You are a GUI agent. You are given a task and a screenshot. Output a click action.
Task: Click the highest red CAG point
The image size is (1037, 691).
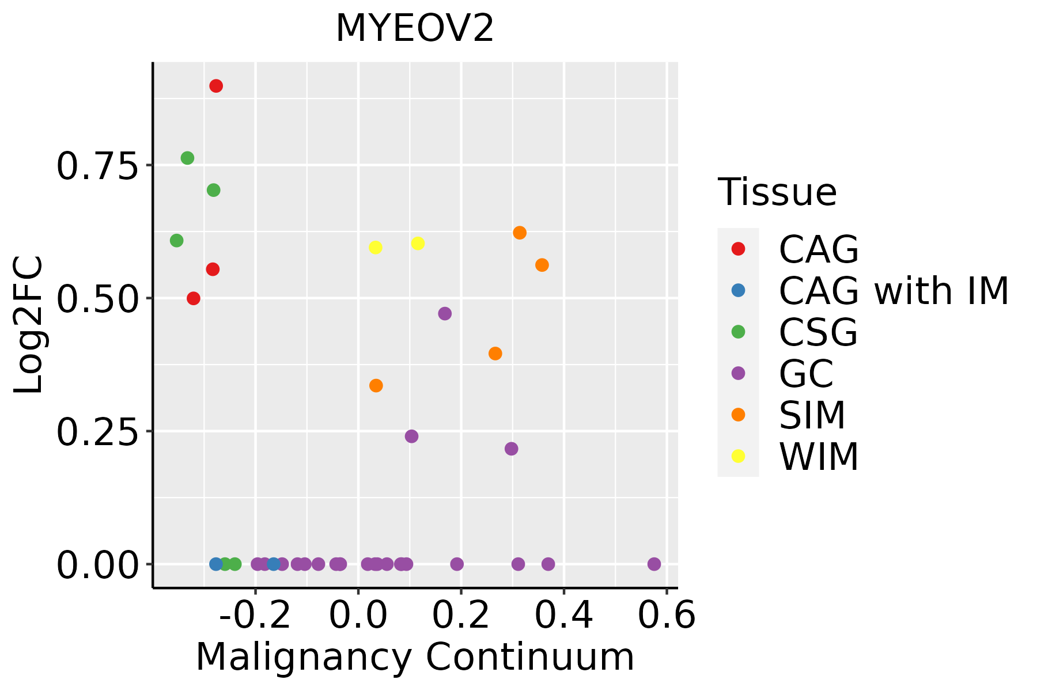tap(216, 86)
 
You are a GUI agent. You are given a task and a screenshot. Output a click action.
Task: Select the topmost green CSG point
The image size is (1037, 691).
tap(187, 158)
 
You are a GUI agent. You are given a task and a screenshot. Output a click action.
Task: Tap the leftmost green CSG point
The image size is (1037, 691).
tap(177, 240)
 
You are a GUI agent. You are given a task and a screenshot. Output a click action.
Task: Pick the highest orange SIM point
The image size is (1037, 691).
tap(520, 233)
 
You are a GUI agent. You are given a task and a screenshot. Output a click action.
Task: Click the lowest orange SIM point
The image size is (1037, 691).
tap(376, 385)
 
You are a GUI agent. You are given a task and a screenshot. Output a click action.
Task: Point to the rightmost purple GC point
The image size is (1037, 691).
tap(654, 564)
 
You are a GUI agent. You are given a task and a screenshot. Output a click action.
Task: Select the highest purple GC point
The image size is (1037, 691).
tap(445, 314)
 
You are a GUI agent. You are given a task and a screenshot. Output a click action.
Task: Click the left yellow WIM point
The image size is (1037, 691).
tap(375, 247)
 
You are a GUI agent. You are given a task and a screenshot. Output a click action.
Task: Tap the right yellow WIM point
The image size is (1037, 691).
tap(418, 244)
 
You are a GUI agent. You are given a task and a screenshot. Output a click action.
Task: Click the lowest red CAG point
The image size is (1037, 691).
tap(194, 298)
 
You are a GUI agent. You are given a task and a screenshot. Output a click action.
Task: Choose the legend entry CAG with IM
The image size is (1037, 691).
tap(893, 291)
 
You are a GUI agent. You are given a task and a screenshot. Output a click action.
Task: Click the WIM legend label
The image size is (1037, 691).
tap(819, 457)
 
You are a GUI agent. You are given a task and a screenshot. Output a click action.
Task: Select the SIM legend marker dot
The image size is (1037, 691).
tap(738, 415)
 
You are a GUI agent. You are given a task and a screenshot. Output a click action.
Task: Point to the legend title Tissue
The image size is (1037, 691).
tap(777, 192)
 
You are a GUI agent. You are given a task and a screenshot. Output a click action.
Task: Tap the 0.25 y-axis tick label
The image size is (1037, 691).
tap(98, 432)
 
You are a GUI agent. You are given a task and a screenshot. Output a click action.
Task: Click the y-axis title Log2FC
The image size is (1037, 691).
tap(29, 325)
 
